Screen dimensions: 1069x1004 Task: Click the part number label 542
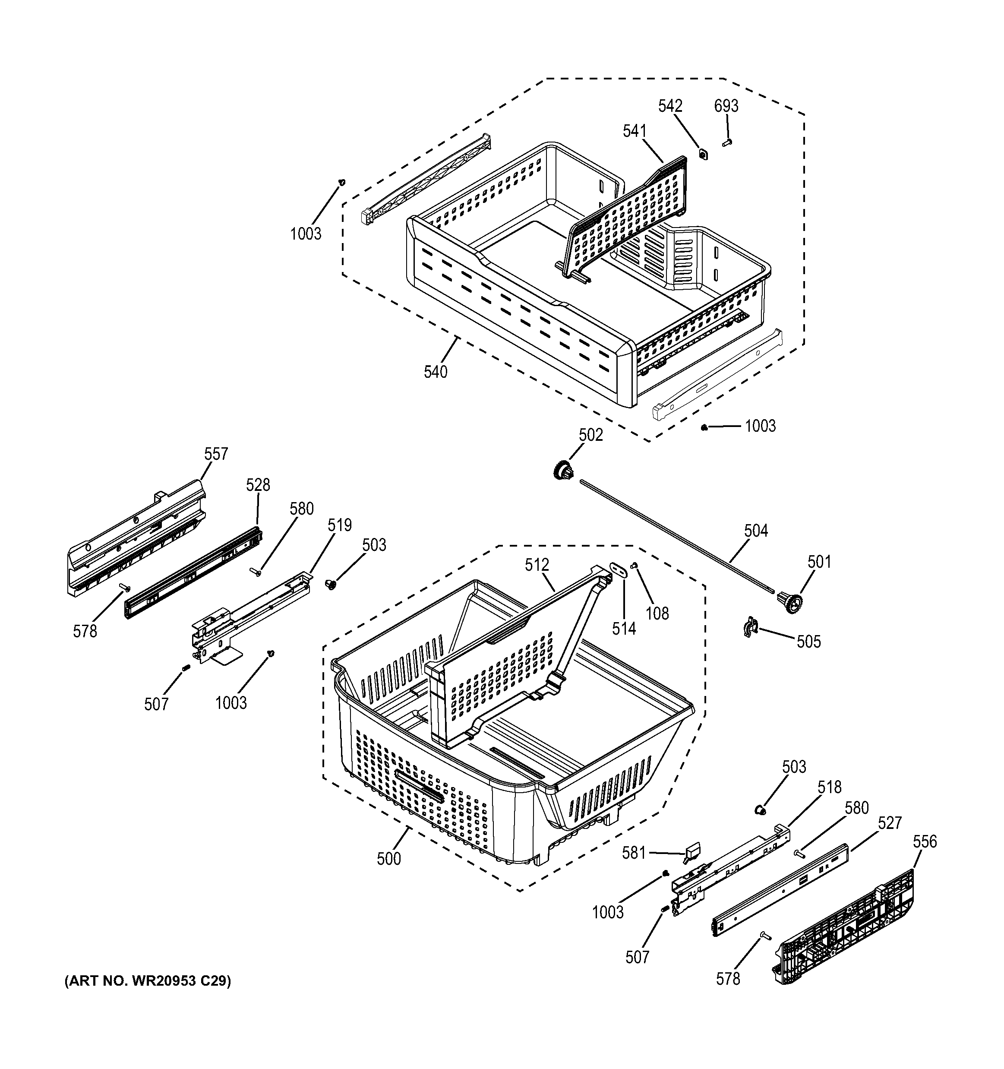point(670,106)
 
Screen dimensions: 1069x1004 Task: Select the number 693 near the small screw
point(726,106)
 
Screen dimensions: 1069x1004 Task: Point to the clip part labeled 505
point(750,628)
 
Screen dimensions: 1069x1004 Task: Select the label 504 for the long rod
point(756,531)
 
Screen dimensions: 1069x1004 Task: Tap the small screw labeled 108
point(634,565)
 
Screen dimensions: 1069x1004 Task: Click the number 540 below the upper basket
point(436,372)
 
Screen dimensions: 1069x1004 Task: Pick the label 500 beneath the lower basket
point(388,859)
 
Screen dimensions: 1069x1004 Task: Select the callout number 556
point(925,841)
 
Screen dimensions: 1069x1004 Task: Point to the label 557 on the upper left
point(215,454)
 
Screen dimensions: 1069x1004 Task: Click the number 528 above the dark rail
point(258,485)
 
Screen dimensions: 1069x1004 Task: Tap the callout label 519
point(340,525)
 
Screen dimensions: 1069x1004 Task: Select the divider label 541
point(635,131)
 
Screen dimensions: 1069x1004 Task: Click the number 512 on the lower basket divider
point(537,565)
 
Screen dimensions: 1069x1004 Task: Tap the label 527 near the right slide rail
point(890,823)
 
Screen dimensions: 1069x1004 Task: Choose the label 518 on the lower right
point(829,787)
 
